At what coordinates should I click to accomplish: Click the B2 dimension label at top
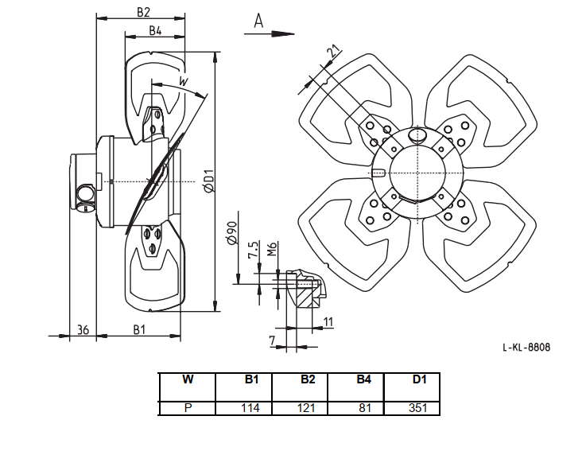[143, 12]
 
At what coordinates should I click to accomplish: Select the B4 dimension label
[155, 30]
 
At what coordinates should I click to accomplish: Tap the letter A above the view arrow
[258, 21]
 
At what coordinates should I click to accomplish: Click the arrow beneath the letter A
[269, 34]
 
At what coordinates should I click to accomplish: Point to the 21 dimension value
[334, 50]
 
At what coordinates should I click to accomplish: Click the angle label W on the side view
[183, 81]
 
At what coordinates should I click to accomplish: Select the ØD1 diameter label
[209, 181]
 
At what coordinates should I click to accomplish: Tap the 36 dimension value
[83, 329]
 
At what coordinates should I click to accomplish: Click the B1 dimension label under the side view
[139, 329]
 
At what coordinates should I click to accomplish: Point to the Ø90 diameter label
[231, 233]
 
